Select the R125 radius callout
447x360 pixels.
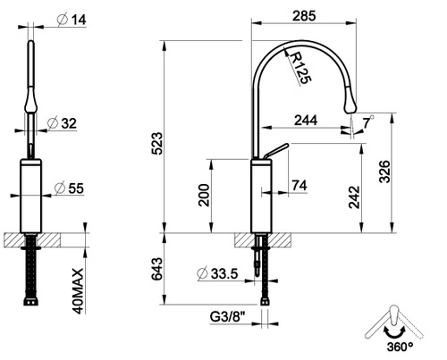pos(301,68)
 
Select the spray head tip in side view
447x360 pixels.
pos(351,105)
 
